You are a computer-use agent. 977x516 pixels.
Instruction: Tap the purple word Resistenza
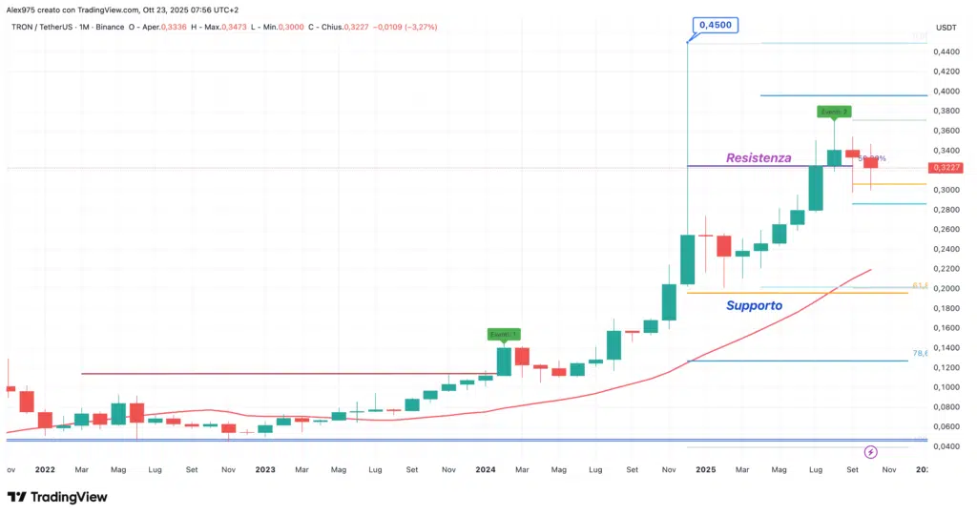[x=759, y=157]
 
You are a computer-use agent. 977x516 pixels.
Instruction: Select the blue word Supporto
[x=754, y=306]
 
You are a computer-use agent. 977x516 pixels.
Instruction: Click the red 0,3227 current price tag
[x=946, y=168]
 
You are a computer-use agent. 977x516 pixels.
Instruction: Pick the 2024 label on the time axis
[x=485, y=469]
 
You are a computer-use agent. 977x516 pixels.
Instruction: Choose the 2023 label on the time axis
[x=265, y=469]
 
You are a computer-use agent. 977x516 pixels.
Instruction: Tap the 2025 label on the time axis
[x=705, y=469]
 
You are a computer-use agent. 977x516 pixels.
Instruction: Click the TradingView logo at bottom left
[x=57, y=497]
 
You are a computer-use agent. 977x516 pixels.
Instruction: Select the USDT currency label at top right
[x=946, y=28]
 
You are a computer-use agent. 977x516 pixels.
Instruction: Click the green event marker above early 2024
[x=503, y=335]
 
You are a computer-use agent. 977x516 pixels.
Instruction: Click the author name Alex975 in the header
[x=23, y=10]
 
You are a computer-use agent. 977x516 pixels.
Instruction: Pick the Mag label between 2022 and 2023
[x=118, y=469]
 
